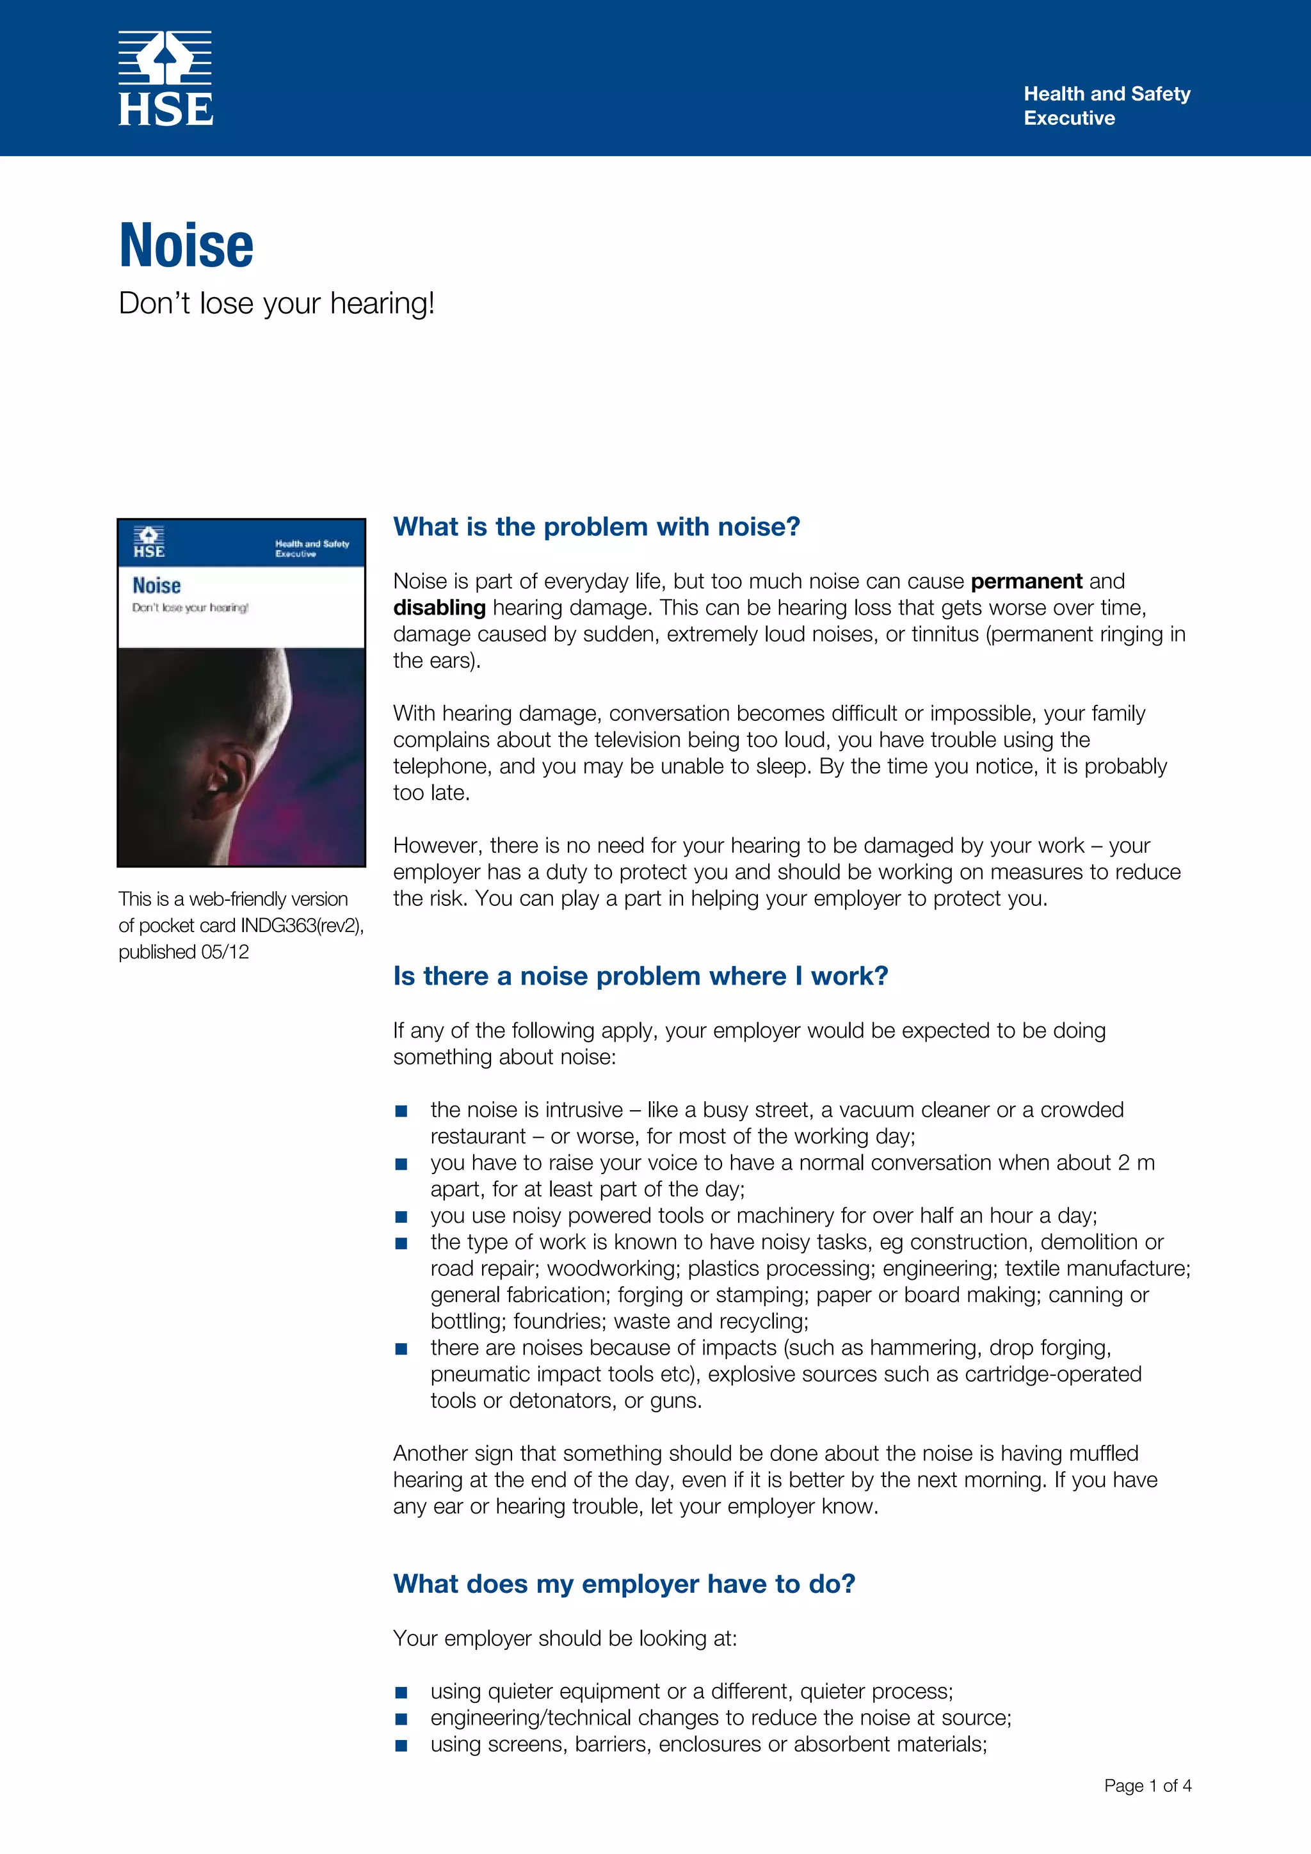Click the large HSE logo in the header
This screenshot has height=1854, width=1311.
(166, 79)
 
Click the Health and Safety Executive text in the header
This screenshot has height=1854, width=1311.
(1106, 106)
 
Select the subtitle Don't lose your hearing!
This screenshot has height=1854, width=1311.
(277, 303)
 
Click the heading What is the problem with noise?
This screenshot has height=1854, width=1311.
(597, 526)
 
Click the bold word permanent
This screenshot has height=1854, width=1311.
(1025, 581)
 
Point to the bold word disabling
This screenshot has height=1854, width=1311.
(439, 608)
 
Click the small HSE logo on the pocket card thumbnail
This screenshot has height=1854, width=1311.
(149, 542)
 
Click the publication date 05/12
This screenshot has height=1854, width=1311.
(225, 952)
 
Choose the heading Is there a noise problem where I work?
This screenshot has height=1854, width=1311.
(640, 976)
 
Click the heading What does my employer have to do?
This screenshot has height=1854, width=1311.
(624, 1583)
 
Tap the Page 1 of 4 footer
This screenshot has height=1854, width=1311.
(1147, 1785)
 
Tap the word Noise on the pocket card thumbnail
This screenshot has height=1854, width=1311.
(157, 585)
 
